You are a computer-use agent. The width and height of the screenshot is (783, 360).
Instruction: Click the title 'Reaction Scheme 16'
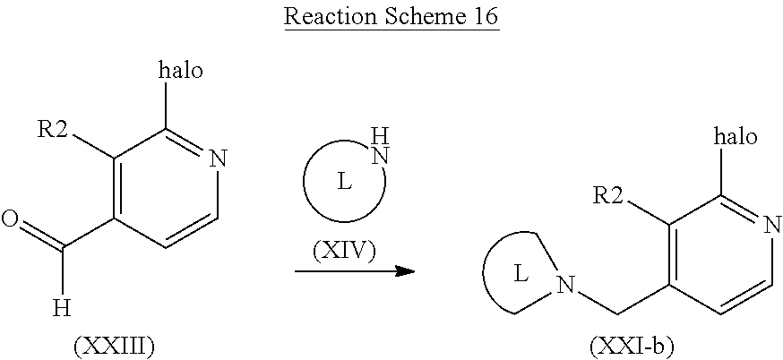[x=391, y=16]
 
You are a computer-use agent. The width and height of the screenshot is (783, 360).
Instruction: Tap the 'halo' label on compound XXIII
[x=181, y=71]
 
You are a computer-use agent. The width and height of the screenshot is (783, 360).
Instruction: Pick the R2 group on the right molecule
[x=608, y=195]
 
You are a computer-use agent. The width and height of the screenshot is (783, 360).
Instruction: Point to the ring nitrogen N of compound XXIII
[x=217, y=159]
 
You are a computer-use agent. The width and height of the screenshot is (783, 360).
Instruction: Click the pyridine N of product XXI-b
[x=771, y=226]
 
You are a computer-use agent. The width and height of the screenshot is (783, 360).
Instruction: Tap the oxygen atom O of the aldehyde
[x=10, y=219]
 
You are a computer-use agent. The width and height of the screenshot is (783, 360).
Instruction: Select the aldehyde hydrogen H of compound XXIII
[x=63, y=309]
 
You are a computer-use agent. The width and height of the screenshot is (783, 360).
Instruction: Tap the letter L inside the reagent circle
[x=343, y=183]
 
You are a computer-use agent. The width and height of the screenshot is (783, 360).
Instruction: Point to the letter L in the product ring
[x=521, y=275]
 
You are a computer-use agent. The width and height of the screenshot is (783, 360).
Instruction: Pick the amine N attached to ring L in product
[x=565, y=286]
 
